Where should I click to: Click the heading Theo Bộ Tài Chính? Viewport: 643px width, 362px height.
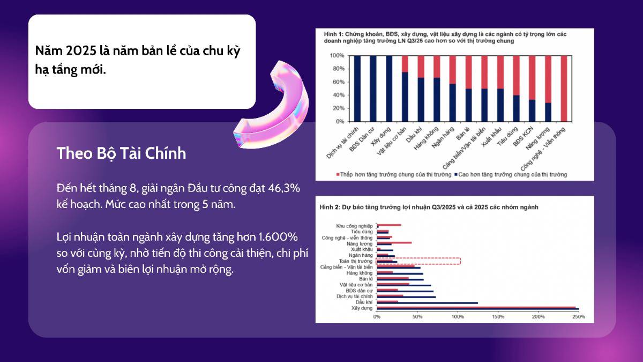122,153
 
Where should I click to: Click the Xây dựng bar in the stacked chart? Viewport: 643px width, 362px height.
389,88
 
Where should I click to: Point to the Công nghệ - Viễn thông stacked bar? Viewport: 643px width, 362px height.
564,88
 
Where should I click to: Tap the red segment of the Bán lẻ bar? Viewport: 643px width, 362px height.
469,72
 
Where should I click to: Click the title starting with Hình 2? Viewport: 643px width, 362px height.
429,206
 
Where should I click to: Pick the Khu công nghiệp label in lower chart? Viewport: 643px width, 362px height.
356,226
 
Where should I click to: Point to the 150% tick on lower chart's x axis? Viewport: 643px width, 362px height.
498,317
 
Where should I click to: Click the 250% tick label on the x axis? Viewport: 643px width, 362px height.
578,317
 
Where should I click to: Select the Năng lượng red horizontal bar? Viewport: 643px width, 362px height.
394,243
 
